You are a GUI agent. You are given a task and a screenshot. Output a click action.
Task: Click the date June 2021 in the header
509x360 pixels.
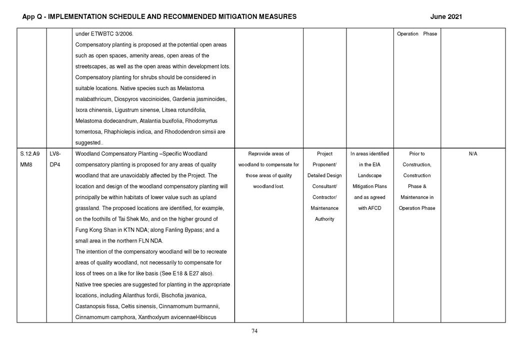(x=446, y=17)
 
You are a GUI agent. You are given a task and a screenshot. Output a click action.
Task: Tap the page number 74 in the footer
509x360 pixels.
(x=254, y=330)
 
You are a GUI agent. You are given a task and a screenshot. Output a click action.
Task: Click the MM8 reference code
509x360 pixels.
(x=26, y=164)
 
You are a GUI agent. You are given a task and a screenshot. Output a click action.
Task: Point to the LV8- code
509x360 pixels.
(x=55, y=154)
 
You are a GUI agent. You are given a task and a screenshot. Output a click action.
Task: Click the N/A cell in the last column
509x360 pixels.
(x=472, y=154)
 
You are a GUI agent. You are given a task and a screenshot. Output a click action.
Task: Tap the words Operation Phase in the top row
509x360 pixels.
(x=416, y=34)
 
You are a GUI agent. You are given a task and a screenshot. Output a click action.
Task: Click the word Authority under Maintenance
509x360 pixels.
(x=324, y=219)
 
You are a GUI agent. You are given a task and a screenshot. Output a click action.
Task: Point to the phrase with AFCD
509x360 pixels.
(x=369, y=208)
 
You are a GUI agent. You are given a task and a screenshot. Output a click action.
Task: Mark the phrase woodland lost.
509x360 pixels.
(x=269, y=186)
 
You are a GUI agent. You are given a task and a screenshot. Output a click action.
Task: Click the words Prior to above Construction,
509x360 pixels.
(x=416, y=154)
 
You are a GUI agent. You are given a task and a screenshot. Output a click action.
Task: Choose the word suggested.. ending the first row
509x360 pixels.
(x=88, y=142)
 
